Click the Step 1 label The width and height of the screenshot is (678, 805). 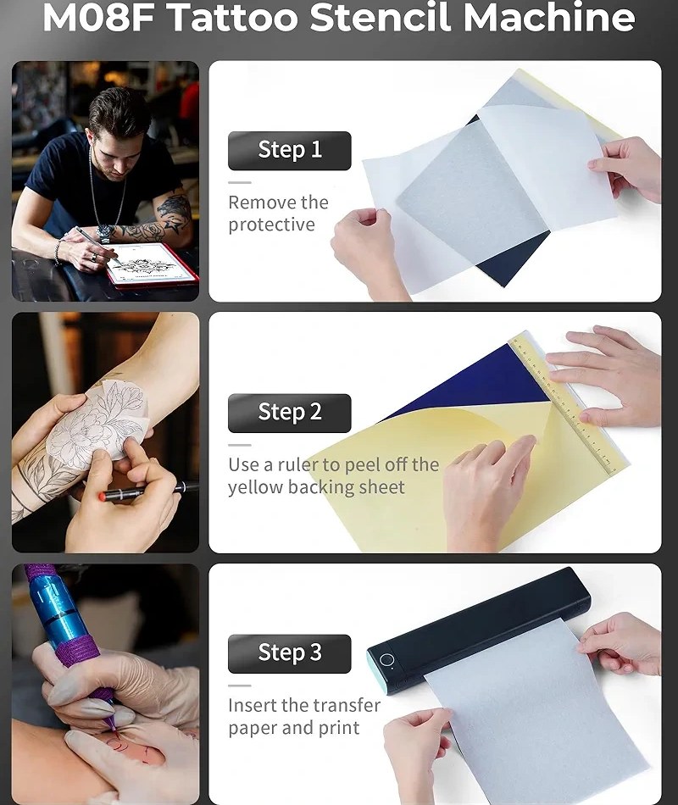290,151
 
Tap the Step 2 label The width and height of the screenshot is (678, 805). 290,413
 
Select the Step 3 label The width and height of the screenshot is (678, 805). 290,653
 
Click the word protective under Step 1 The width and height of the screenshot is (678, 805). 272,225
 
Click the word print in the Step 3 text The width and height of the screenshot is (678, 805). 339,728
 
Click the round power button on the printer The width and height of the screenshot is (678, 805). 386,660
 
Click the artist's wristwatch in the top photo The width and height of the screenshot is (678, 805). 105,232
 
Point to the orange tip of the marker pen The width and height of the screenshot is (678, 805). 103,497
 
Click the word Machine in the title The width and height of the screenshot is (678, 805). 549,18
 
